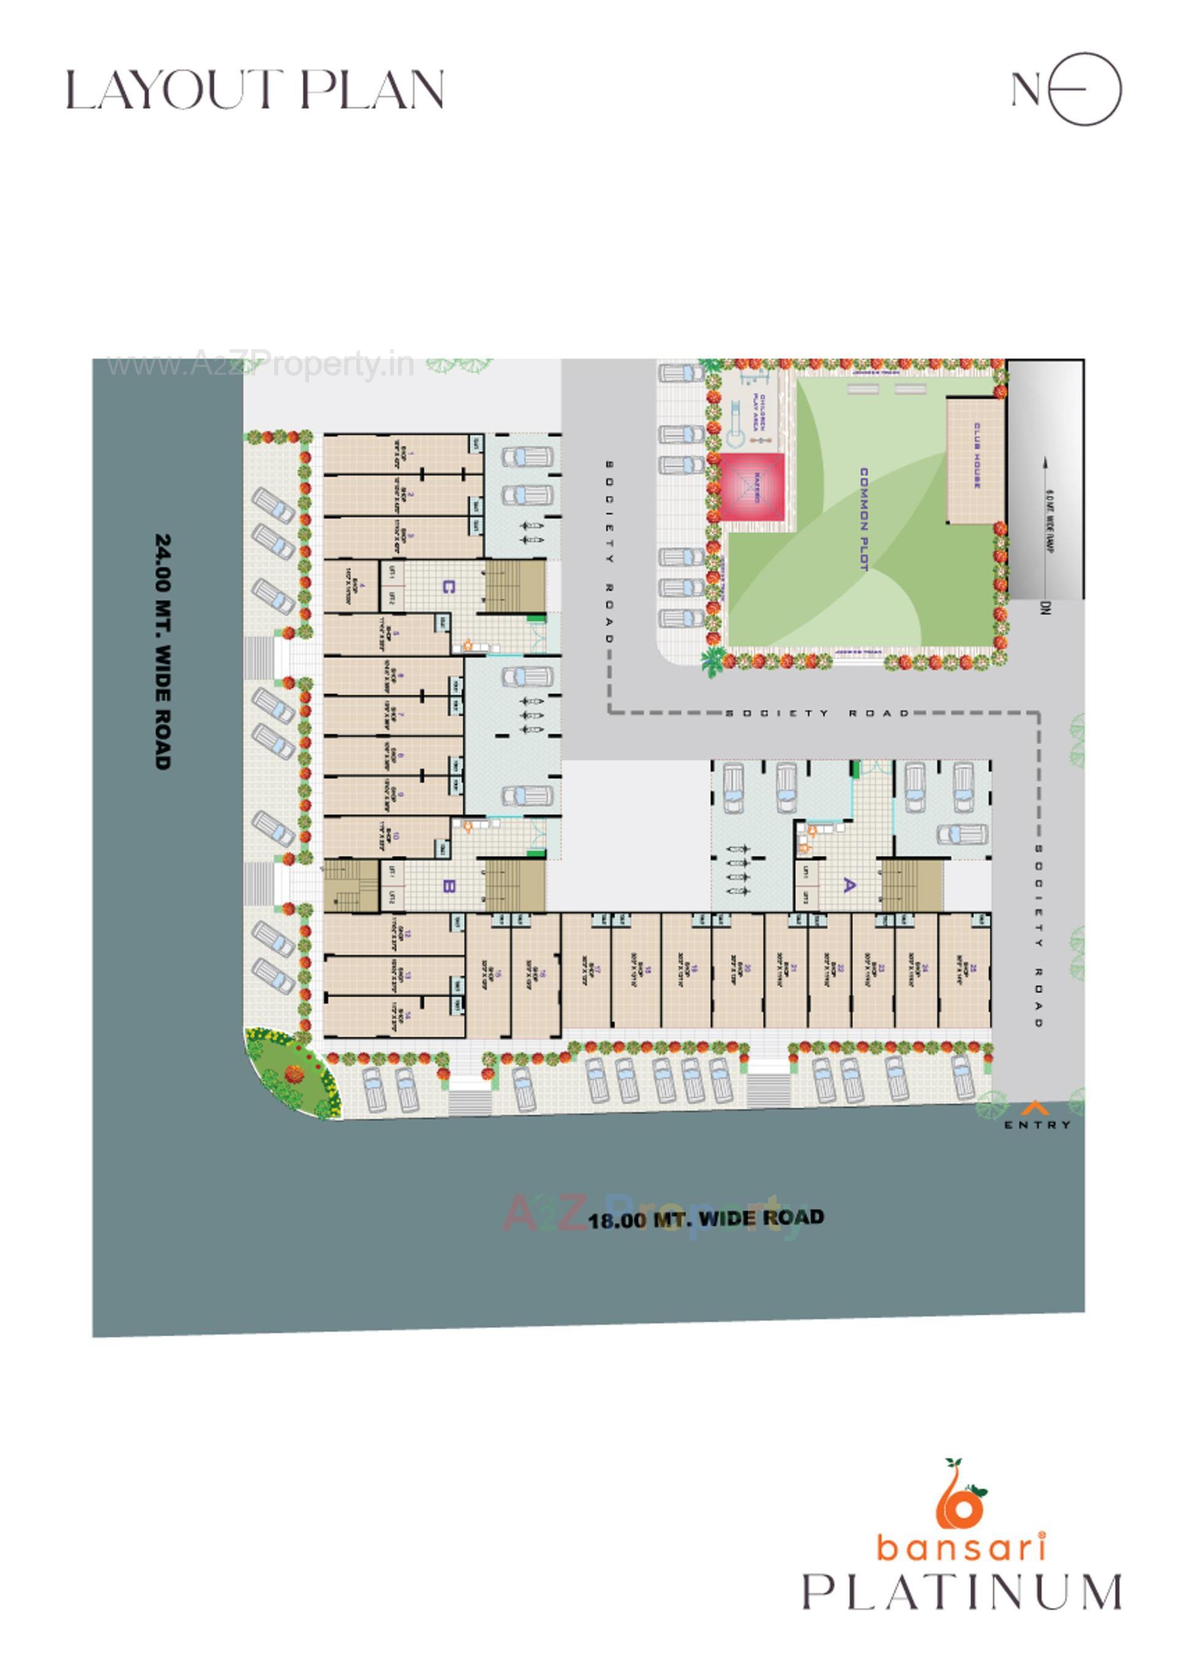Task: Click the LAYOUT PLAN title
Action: [255, 90]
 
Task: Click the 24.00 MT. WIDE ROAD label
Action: [163, 651]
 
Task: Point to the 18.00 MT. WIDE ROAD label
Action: [706, 1218]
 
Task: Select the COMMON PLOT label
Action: [863, 519]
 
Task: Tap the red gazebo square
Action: [753, 487]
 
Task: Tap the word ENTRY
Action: [1037, 1125]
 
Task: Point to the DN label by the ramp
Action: [1045, 608]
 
